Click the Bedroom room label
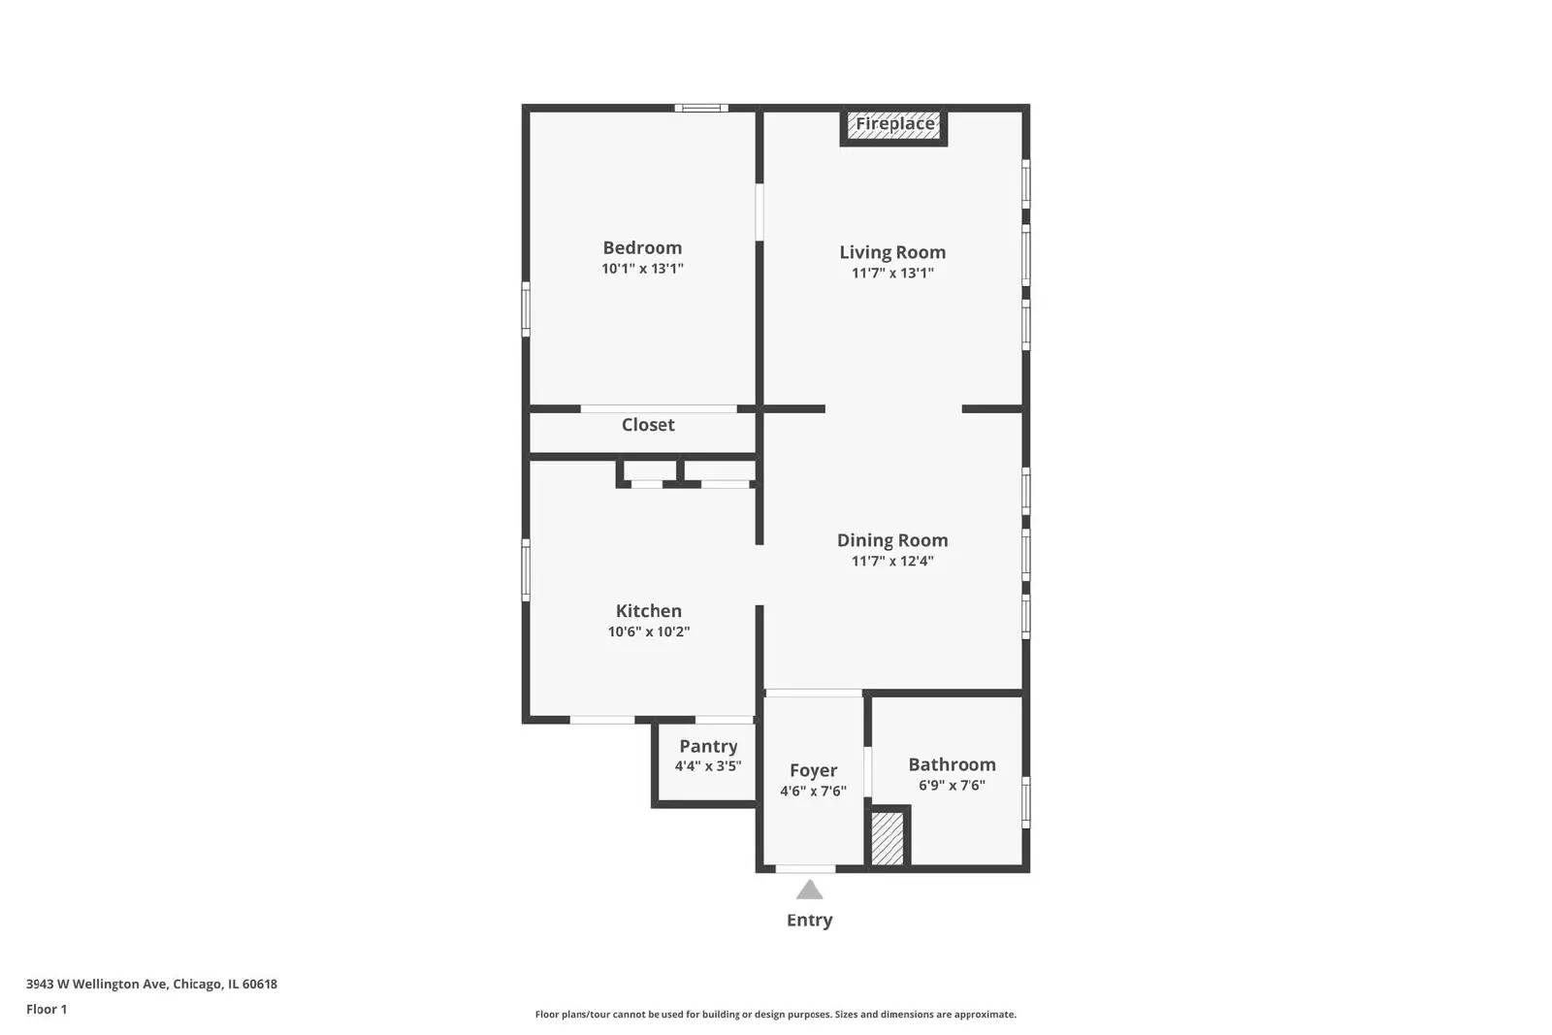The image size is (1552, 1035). [642, 247]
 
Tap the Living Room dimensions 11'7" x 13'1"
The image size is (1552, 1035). [892, 273]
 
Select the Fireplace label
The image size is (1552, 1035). [894, 124]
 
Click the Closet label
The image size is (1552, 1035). [648, 425]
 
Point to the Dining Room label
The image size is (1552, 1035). [892, 540]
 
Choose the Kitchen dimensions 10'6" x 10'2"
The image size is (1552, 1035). [648, 631]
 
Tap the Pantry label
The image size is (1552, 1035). [708, 746]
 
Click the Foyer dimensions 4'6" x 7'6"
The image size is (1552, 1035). [813, 791]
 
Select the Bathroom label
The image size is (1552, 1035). [952, 764]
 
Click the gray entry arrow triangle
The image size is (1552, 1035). [809, 890]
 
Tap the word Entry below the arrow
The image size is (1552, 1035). [809, 920]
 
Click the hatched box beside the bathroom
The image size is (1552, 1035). [887, 838]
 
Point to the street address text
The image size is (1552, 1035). [151, 984]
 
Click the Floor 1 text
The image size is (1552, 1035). [47, 1009]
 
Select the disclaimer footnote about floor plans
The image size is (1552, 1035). [775, 1015]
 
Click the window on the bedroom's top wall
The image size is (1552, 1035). [701, 108]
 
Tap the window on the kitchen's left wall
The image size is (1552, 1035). [527, 569]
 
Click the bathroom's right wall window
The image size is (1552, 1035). [1026, 801]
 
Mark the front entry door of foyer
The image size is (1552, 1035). [805, 868]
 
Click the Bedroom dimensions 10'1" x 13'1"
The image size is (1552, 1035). [642, 269]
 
